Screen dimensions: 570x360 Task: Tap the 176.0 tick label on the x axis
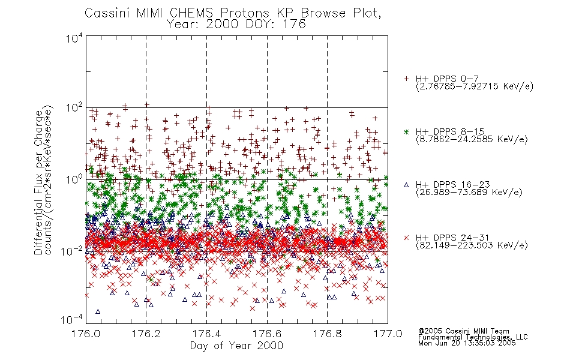(x=86, y=334)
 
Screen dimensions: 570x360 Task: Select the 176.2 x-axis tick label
(x=146, y=334)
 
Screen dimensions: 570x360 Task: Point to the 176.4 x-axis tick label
(x=206, y=334)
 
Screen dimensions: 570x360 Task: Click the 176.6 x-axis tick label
(x=267, y=334)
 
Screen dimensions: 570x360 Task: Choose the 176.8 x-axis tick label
(x=327, y=334)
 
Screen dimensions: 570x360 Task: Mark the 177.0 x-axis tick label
(x=388, y=334)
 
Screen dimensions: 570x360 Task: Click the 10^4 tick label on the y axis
(x=74, y=38)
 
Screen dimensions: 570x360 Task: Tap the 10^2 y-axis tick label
(x=74, y=109)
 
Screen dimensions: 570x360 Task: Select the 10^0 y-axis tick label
(x=74, y=180)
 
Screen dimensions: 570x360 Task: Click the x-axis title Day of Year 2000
(x=236, y=346)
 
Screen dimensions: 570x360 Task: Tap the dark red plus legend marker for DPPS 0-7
(x=406, y=79)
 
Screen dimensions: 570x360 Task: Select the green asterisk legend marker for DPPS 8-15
(x=406, y=131)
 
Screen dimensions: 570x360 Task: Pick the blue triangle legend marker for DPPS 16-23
(x=406, y=185)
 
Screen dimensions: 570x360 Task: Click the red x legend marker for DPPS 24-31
(x=406, y=238)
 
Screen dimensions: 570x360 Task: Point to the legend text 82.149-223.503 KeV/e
(x=472, y=245)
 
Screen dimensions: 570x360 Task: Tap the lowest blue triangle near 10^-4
(x=97, y=311)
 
